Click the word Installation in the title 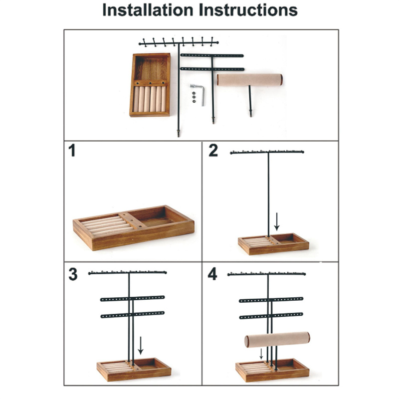pos(148,10)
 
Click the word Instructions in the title pos(248,10)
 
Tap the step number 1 pos(72,151)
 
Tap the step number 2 pos(213,151)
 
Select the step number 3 pos(73,274)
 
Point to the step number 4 pos(212,274)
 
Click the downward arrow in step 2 pos(277,221)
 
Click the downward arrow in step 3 pos(141,345)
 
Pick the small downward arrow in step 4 pos(261,354)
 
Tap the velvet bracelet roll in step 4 pos(277,340)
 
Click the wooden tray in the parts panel pos(150,85)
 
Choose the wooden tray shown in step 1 pos(134,228)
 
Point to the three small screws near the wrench pos(194,97)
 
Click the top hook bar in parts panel pos(179,43)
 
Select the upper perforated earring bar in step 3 pos(133,298)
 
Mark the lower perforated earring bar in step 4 pos(271,316)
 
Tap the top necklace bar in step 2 pos(267,152)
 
